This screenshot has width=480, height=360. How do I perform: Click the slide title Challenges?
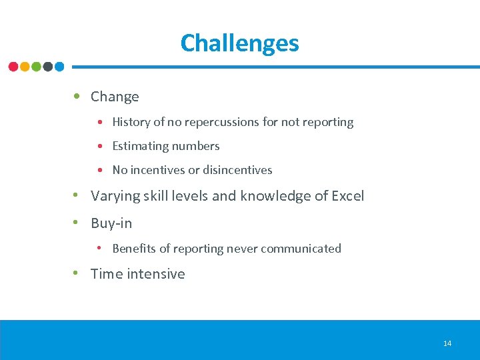(x=239, y=43)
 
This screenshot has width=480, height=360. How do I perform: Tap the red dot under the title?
(x=13, y=67)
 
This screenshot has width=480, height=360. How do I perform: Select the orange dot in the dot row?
(x=25, y=67)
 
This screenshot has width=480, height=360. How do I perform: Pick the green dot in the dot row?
(x=36, y=67)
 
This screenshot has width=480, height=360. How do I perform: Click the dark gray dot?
(x=47, y=67)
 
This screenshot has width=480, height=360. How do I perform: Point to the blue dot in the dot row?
(x=59, y=67)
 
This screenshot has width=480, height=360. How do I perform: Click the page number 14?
(x=447, y=343)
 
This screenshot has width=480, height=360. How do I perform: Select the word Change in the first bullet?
(x=115, y=97)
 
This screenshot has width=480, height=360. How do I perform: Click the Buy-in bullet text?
(x=111, y=223)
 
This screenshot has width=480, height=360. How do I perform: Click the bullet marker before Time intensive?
(x=78, y=273)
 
